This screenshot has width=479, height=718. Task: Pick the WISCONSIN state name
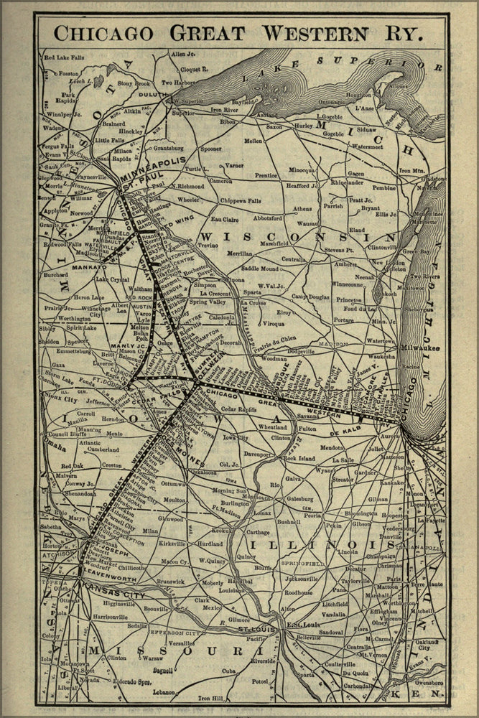click(x=298, y=236)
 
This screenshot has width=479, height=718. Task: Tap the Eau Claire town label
click(x=225, y=218)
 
